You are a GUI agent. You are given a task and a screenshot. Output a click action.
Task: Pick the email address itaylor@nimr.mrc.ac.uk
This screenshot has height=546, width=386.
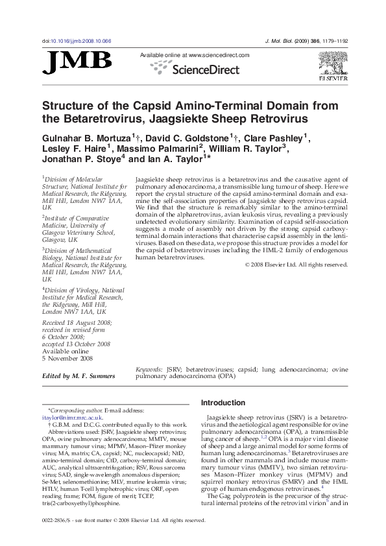[73, 418]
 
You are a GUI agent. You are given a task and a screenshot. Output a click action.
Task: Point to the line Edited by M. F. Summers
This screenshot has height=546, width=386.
[78, 376]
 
